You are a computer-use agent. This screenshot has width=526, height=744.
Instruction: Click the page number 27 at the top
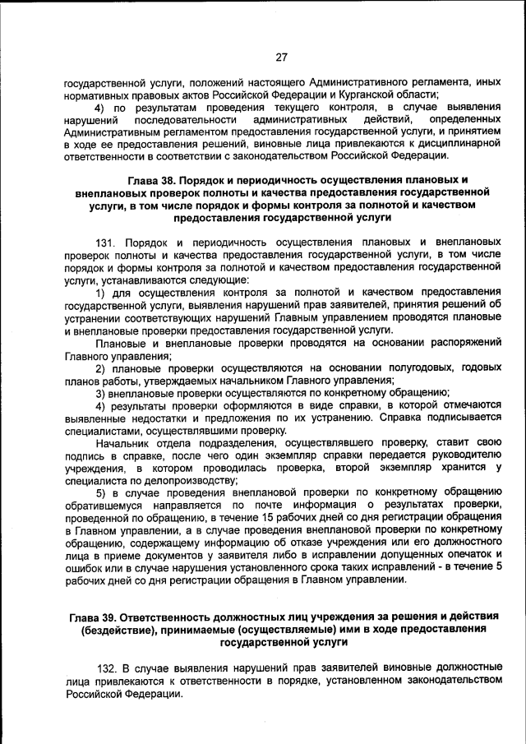click(x=280, y=58)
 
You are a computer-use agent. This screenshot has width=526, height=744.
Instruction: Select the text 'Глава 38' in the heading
click(x=153, y=180)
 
